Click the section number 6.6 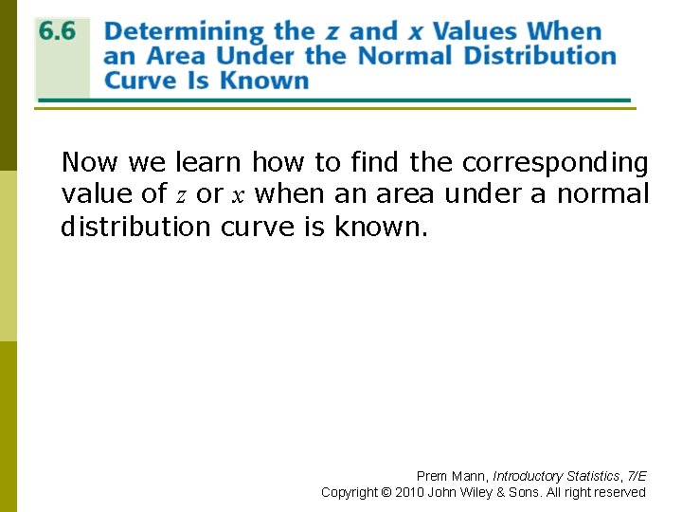[x=57, y=31]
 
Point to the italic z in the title [x=333, y=33]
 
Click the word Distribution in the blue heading [x=540, y=55]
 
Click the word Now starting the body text [x=90, y=163]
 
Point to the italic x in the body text [x=239, y=196]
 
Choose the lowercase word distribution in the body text [x=136, y=228]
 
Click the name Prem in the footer [x=432, y=476]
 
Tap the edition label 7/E [x=636, y=476]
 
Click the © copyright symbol [x=386, y=492]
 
